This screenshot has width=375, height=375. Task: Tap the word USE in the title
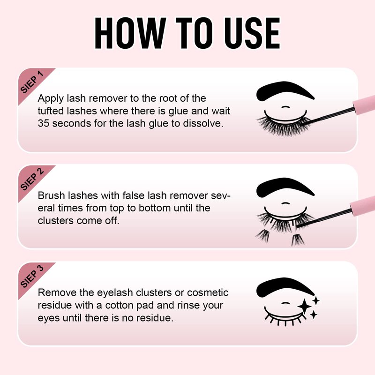click(252, 33)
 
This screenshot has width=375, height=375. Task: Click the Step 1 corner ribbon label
click(32, 82)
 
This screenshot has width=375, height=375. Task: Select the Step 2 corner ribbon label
click(32, 179)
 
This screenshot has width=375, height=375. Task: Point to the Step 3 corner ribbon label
click(32, 276)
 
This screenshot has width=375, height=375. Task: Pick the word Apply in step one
click(51, 99)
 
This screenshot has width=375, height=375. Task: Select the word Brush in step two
click(51, 195)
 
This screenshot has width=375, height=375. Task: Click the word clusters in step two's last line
click(55, 220)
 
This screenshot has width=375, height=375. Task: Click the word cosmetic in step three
click(208, 292)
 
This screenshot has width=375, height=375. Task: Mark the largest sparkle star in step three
click(304, 307)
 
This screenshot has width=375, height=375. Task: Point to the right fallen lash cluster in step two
click(298, 240)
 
